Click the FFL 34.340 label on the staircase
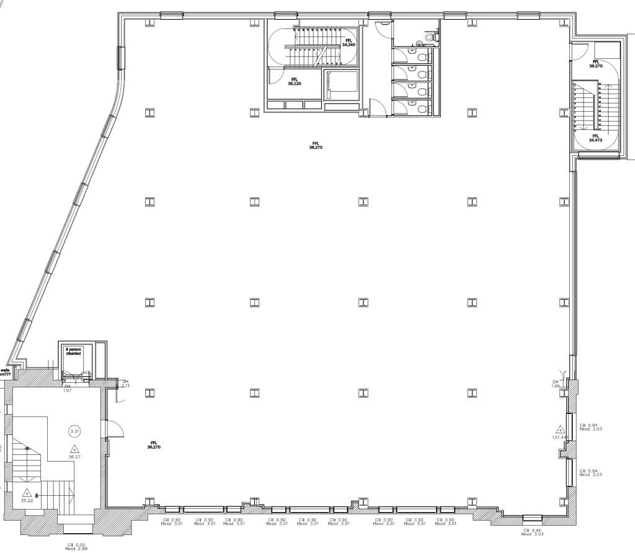pos(349,42)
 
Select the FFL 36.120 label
pos(294,81)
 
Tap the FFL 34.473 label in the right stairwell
pos(595,138)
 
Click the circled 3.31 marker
pos(75,431)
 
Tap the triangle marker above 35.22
pos(27,492)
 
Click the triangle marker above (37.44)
pos(560,429)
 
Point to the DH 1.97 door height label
pos(68,388)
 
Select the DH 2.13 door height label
pos(125,384)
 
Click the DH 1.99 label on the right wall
pos(556,384)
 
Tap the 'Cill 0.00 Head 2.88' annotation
pos(76,547)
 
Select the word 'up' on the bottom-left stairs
pos(27,447)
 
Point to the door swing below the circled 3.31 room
pos(114,428)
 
